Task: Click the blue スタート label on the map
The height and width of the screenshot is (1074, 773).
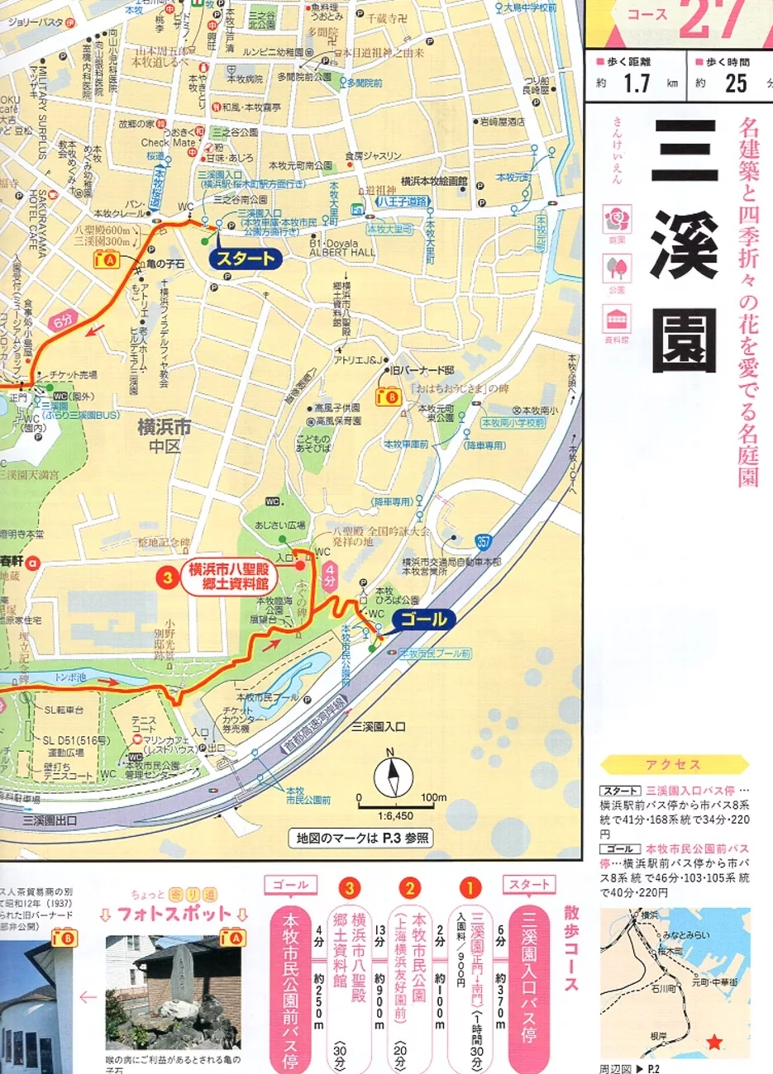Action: [246, 259]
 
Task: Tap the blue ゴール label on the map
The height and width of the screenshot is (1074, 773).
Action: [423, 620]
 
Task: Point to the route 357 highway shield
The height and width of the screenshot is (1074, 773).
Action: [484, 542]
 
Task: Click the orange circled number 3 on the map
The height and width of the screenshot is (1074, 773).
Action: [168, 577]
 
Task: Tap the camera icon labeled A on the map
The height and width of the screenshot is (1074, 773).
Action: [107, 259]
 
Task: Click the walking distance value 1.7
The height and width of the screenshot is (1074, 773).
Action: [637, 83]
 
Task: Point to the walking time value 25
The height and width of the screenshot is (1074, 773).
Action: [736, 83]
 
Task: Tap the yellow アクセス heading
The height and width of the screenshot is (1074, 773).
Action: [673, 765]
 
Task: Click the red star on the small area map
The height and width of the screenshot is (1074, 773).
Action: [713, 1043]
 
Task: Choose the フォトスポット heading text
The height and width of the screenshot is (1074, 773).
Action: [174, 914]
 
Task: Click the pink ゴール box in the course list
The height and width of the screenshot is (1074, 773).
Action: [289, 885]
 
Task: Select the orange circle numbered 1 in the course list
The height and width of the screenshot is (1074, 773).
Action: [470, 888]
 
